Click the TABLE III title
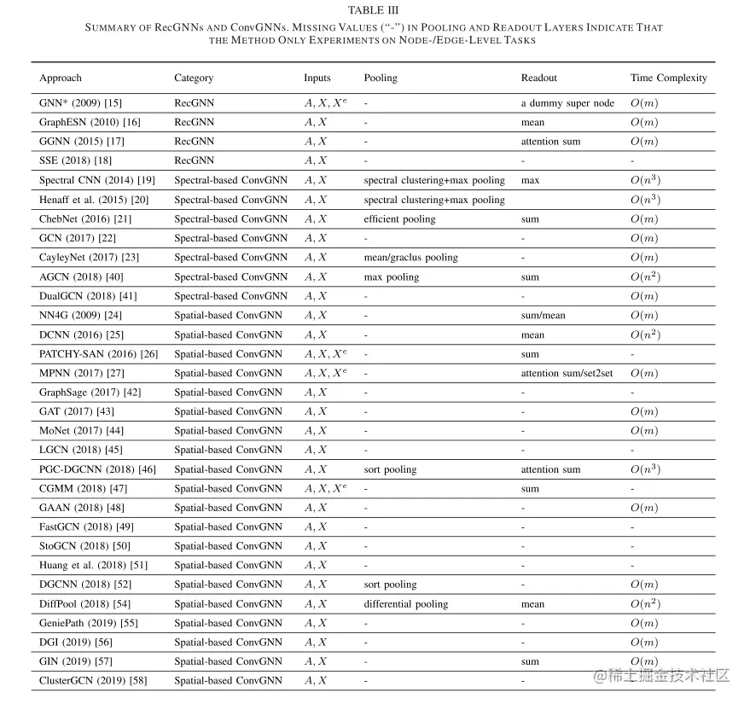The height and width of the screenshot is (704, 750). pyautogui.click(x=374, y=10)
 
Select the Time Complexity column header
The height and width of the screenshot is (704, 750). pyautogui.click(x=669, y=78)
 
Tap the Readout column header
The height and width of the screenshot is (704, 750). pyautogui.click(x=538, y=78)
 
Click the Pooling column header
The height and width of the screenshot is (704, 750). pyautogui.click(x=381, y=78)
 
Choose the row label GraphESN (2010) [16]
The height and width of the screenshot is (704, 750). pyautogui.click(x=90, y=122)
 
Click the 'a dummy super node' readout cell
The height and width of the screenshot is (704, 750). pyautogui.click(x=567, y=103)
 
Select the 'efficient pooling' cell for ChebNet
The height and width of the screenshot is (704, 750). pyautogui.click(x=399, y=219)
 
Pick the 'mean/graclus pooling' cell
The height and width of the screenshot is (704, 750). pyautogui.click(x=410, y=258)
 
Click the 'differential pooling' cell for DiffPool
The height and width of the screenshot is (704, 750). pyautogui.click(x=405, y=603)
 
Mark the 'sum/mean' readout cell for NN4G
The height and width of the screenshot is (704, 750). pyautogui.click(x=543, y=315)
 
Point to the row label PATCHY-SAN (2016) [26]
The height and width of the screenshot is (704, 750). pyautogui.click(x=98, y=353)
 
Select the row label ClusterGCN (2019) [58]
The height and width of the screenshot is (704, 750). pyautogui.click(x=93, y=680)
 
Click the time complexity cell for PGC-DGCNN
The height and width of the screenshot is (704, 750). pyautogui.click(x=644, y=469)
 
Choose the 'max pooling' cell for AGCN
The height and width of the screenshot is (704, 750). pyautogui.click(x=391, y=276)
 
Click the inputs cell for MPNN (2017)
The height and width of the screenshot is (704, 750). pyautogui.click(x=325, y=373)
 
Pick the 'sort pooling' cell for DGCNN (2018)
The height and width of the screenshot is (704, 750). pyautogui.click(x=390, y=585)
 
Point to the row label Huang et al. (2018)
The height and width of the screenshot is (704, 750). pyautogui.click(x=93, y=565)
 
